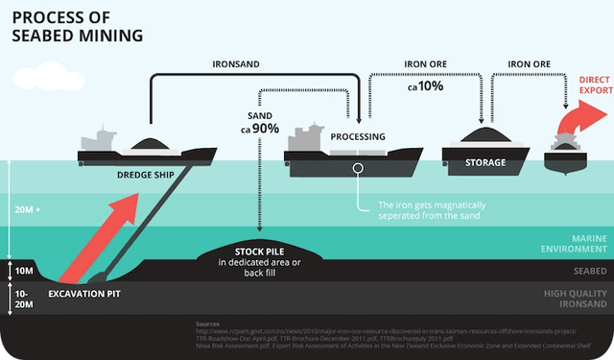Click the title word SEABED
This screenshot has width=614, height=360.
46,36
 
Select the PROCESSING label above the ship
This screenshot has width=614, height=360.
358,137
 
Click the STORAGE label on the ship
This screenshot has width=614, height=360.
484,162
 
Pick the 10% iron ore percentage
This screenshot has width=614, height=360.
425,86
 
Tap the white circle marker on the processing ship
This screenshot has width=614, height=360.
358,167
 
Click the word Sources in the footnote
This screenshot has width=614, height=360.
207,324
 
